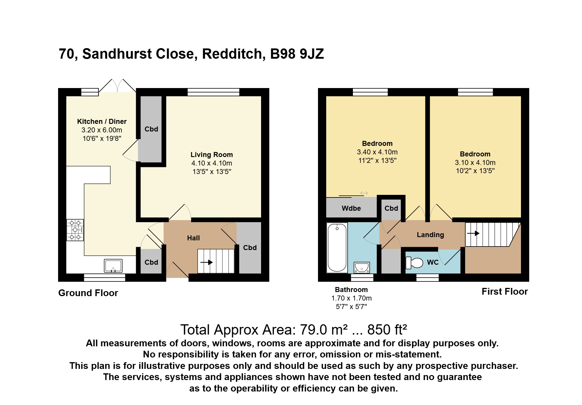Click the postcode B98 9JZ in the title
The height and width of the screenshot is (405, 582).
pyautogui.click(x=297, y=54)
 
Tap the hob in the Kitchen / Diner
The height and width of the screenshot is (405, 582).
pyautogui.click(x=75, y=230)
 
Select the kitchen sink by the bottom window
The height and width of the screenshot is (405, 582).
pyautogui.click(x=113, y=266)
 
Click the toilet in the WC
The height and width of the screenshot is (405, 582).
pyautogui.click(x=414, y=263)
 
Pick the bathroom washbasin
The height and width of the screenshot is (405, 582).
pyautogui.click(x=362, y=268)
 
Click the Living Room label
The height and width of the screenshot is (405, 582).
pyautogui.click(x=212, y=155)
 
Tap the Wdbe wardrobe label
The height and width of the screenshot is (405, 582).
pyautogui.click(x=351, y=208)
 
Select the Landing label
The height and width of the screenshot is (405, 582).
pyautogui.click(x=430, y=235)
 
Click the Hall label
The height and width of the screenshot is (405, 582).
pyautogui.click(x=193, y=238)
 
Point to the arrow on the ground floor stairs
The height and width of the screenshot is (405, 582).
pyautogui.click(x=207, y=262)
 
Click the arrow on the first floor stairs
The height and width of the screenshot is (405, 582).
pyautogui.click(x=473, y=234)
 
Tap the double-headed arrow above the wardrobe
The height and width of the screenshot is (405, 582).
pyautogui.click(x=364, y=193)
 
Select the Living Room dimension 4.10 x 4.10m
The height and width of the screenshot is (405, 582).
pyautogui.click(x=212, y=163)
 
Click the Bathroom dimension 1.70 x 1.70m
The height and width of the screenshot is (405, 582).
pyautogui.click(x=351, y=298)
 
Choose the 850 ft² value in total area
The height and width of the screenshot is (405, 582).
pyautogui.click(x=387, y=330)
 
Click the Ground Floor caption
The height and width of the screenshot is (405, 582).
pyautogui.click(x=88, y=293)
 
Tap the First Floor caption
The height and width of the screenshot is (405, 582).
pyautogui.click(x=505, y=291)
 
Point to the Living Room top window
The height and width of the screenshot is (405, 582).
pyautogui.click(x=214, y=92)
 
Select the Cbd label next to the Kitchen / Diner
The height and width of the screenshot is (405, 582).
pyautogui.click(x=151, y=129)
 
